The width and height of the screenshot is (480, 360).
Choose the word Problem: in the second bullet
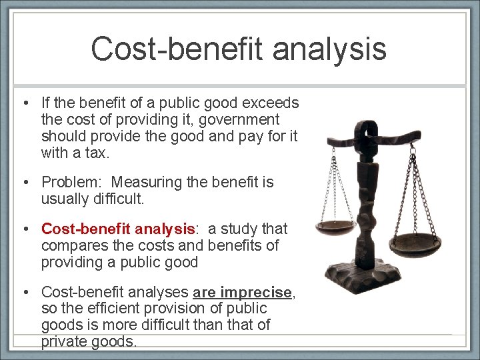71,182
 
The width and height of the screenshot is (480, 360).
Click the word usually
63,198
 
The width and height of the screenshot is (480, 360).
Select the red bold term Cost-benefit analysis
118,229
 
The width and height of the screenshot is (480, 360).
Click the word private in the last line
64,341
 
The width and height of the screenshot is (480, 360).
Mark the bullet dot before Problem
23,182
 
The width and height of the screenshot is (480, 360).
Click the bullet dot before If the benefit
23,103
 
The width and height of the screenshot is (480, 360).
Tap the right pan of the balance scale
423,238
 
